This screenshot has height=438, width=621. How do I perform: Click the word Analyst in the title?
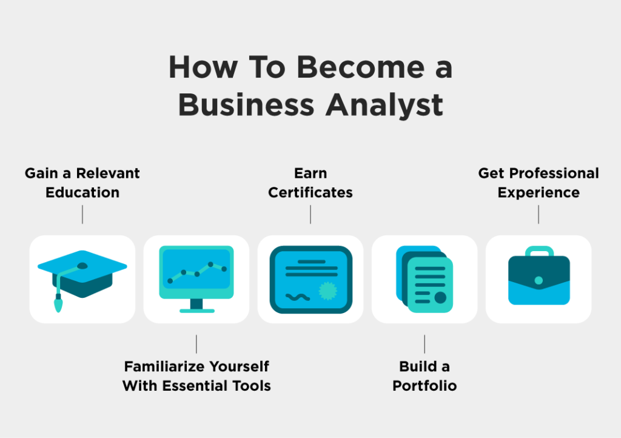[x=384, y=106]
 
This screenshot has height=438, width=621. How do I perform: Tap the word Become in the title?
[x=360, y=67]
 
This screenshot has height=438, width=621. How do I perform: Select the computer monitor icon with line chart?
[x=196, y=279]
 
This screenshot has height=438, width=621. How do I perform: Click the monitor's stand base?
[x=197, y=311]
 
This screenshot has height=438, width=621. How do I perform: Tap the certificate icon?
[x=311, y=280]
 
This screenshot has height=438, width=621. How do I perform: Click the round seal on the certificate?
[x=328, y=291]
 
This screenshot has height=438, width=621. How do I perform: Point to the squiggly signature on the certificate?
[x=298, y=297]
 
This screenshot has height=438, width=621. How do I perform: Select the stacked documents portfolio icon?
[x=425, y=279]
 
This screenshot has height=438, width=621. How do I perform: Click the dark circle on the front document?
[x=440, y=297]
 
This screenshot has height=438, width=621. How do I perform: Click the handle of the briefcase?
[x=539, y=251]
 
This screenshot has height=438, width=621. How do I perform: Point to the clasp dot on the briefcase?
[x=539, y=280]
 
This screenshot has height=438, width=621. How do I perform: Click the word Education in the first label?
[x=82, y=192]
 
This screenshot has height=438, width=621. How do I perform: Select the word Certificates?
[x=310, y=192]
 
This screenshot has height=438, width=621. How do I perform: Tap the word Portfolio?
[x=425, y=386]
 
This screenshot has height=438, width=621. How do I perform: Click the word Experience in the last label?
[x=539, y=193]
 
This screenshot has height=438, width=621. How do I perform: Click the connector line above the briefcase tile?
[x=539, y=215]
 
